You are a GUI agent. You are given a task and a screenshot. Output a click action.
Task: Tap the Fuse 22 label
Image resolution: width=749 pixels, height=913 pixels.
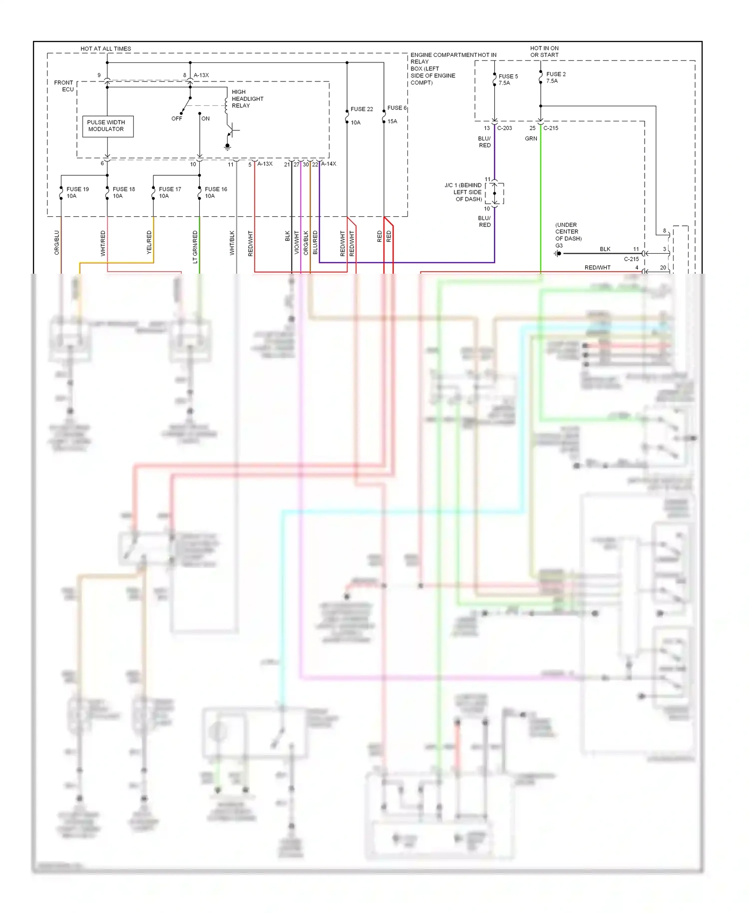point(362,109)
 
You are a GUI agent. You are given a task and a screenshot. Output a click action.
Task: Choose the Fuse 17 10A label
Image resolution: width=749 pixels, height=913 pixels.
point(169,193)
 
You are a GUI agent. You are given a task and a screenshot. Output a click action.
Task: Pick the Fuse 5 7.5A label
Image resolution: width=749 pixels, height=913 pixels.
point(508,80)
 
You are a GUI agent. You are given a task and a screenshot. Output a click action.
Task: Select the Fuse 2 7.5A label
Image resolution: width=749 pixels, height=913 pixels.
point(555,77)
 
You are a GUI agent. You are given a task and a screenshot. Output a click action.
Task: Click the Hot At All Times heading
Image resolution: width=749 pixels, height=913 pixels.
point(106,49)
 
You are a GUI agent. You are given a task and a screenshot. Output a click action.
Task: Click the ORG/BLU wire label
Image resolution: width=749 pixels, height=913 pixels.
point(57,243)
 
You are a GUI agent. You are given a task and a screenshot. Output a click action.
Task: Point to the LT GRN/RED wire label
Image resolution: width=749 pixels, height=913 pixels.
point(195,247)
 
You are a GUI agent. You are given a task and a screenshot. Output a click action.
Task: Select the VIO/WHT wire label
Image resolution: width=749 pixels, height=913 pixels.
point(297,243)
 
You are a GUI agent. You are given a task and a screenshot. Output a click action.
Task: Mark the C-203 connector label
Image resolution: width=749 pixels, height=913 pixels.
point(504,128)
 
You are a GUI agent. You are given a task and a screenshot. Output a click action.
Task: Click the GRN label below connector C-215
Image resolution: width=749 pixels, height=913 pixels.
point(531,139)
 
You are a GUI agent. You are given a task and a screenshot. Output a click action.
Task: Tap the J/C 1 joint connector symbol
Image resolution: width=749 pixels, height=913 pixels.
point(494,193)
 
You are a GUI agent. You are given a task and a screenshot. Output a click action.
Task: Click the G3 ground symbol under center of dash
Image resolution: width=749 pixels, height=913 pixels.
point(558,254)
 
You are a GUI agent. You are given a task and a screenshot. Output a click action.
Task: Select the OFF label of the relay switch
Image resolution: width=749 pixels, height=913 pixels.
point(177,119)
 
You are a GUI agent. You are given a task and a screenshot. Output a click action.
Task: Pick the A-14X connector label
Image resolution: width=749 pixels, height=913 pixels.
point(328,164)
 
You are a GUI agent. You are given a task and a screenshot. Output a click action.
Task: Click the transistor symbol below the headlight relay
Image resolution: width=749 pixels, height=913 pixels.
point(231,131)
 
